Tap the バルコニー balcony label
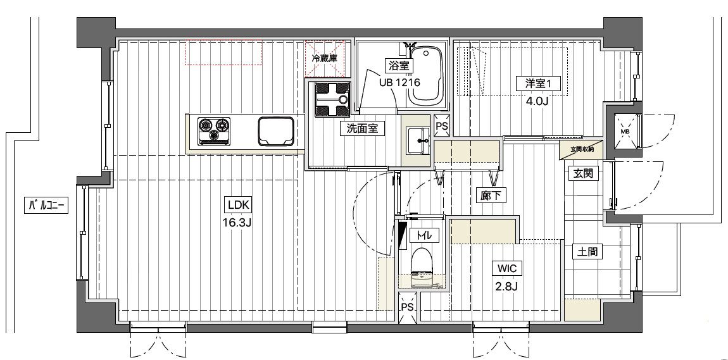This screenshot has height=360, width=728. pos(46,204)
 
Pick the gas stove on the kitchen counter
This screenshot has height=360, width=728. pos(215,130)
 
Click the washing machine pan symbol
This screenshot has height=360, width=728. pos(333,99)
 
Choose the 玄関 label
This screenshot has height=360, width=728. pos(583,174)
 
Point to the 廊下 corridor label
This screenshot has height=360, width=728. pos(491,196)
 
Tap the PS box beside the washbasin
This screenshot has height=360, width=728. pos(441,125)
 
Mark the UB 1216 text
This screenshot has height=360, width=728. pos(399,83)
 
